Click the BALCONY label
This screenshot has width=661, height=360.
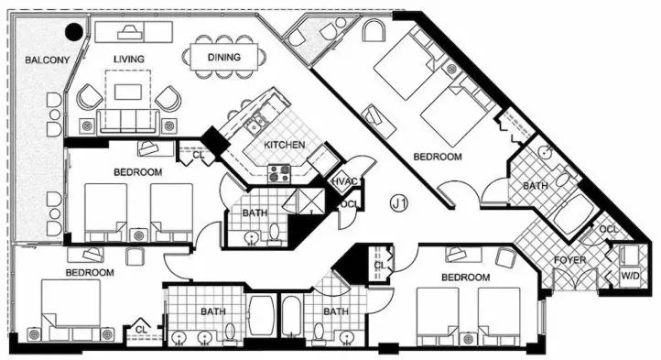point(47,60)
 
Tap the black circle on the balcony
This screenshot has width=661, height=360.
point(75,31)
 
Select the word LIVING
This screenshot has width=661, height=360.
point(128,60)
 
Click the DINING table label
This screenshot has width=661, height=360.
point(224,57)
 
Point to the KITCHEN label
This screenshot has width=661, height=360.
point(284,145)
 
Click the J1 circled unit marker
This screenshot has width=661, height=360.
point(399,204)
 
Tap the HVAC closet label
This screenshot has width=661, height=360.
point(345,182)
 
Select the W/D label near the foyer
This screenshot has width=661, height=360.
point(630,276)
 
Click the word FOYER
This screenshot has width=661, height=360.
point(569,260)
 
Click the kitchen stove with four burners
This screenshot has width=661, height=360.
point(279,173)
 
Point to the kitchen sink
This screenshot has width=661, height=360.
point(255,125)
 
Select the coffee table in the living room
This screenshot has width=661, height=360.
point(128,92)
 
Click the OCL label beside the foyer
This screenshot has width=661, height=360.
point(608,230)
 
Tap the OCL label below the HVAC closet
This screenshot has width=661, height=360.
point(350,204)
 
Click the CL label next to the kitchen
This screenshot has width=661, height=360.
point(198,155)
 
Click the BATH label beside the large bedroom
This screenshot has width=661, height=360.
point(536,186)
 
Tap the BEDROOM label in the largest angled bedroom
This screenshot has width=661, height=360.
point(437,157)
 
